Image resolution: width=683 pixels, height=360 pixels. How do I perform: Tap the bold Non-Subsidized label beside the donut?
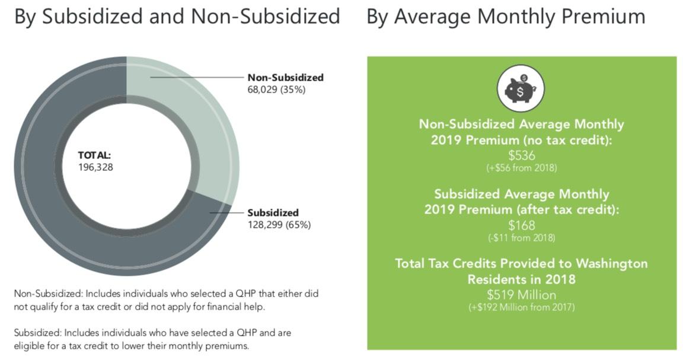(285, 78)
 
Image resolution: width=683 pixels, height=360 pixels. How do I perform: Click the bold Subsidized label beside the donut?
(273, 212)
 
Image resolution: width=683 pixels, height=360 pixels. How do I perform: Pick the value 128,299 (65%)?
(279, 225)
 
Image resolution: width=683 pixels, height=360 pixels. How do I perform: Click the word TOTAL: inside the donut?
(95, 155)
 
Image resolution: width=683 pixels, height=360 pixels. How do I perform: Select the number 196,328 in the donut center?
(95, 167)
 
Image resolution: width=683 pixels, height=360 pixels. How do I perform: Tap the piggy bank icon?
(521, 89)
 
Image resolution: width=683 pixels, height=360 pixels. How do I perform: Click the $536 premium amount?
(521, 155)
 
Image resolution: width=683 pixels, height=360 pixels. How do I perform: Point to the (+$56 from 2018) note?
(521, 168)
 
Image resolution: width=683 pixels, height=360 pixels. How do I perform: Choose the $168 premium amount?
(521, 225)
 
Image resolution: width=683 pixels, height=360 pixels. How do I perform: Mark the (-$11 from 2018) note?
(521, 238)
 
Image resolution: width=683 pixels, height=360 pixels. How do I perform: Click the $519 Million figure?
(521, 294)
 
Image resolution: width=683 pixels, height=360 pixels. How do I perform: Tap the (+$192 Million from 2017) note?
(521, 307)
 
